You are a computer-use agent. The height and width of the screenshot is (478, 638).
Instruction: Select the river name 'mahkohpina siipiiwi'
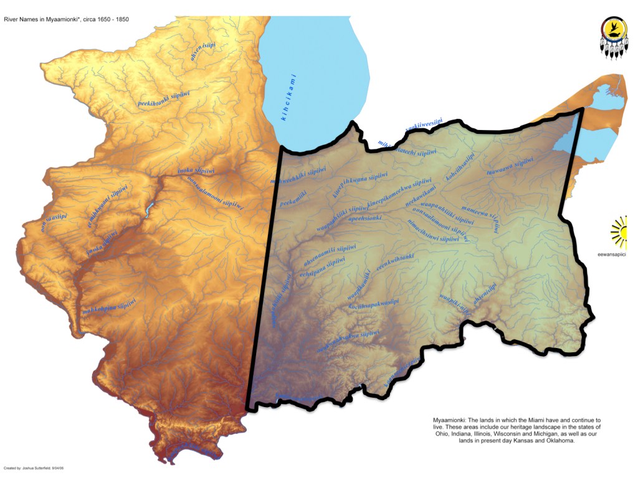[x=110, y=307]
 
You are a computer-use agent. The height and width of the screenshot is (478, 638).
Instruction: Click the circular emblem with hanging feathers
[x=613, y=36]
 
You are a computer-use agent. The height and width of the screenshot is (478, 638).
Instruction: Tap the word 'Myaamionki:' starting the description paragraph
[x=449, y=421]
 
